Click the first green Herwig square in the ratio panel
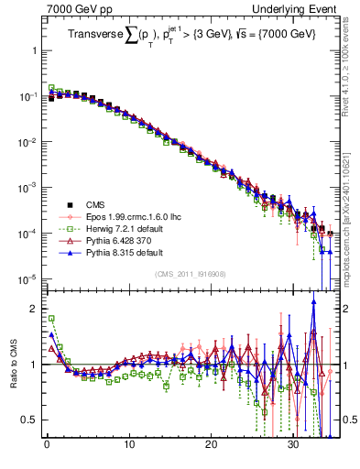pyautogui.click(x=50, y=319)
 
